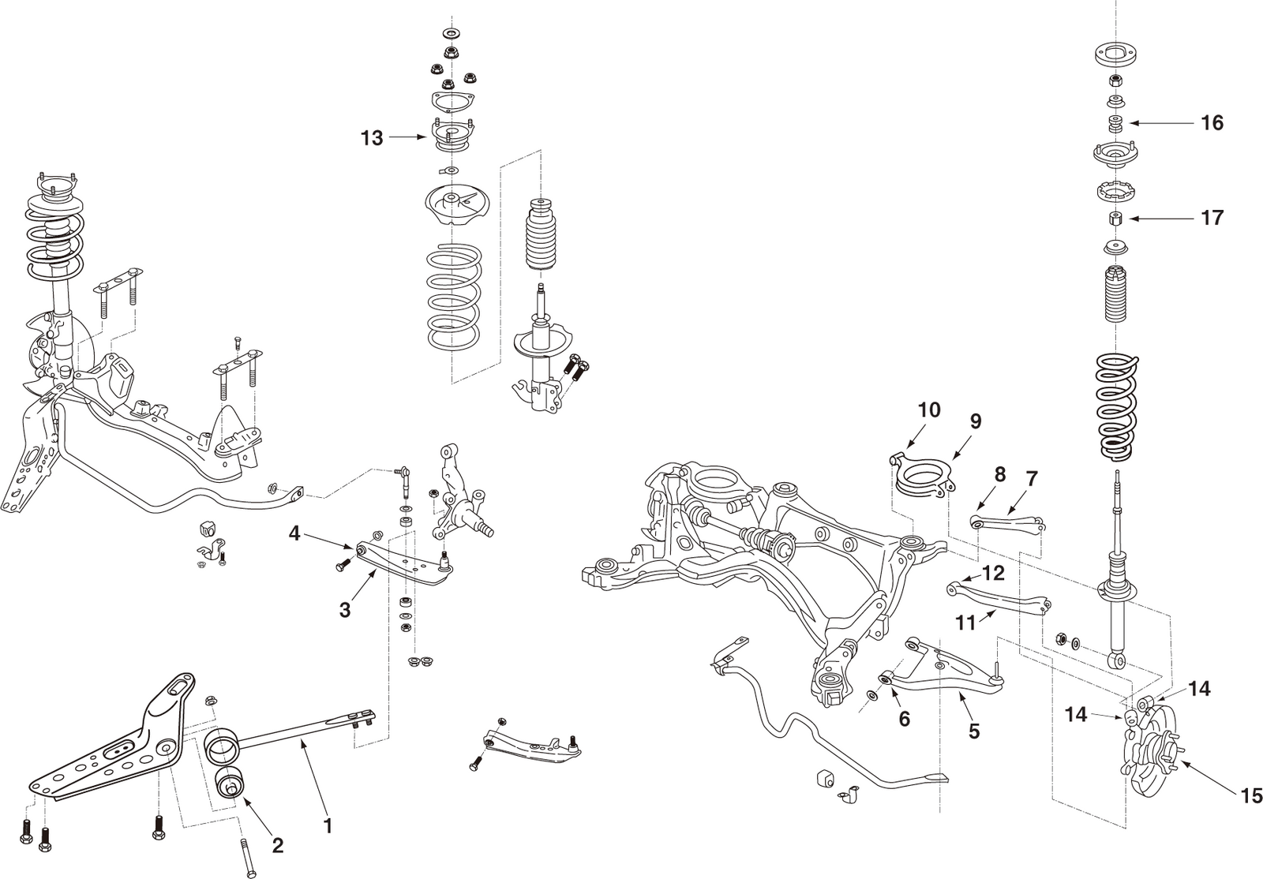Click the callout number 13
pyautogui.click(x=372, y=138)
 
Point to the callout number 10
pyautogui.click(x=929, y=410)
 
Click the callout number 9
pyautogui.click(x=975, y=421)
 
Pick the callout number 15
pyautogui.click(x=1251, y=796)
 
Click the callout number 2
pyautogui.click(x=277, y=846)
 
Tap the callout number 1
pyautogui.click(x=328, y=826)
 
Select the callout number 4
pyautogui.click(x=294, y=533)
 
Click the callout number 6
pyautogui.click(x=904, y=718)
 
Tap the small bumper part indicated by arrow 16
pyautogui.click(x=1115, y=124)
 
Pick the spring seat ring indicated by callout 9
pyautogui.click(x=924, y=478)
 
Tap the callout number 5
pyautogui.click(x=974, y=731)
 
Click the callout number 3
pyautogui.click(x=345, y=610)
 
